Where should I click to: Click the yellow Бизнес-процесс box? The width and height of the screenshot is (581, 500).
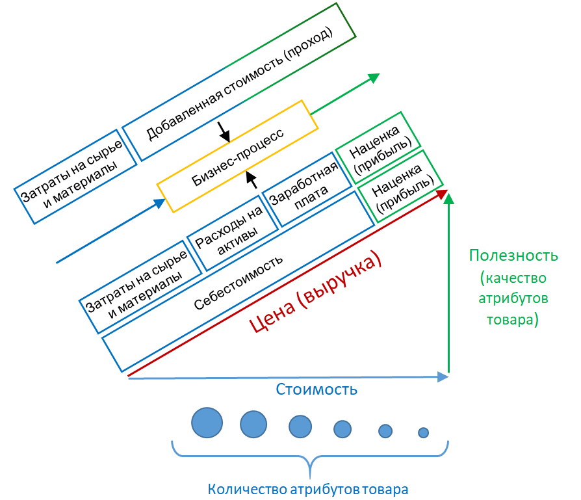(237, 156)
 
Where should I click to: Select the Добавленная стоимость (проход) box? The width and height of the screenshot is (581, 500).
(239, 82)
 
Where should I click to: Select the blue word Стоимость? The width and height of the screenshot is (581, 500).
(316, 390)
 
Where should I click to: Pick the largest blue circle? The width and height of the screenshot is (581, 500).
(207, 423)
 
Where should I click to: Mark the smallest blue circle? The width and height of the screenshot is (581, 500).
(423, 432)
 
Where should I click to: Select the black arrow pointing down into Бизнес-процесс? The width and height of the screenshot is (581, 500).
(224, 133)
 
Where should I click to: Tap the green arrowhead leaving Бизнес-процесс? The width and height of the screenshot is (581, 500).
(373, 77)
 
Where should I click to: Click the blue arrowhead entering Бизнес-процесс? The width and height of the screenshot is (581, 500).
(159, 204)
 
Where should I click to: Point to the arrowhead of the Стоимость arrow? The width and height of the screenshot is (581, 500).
(443, 376)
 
